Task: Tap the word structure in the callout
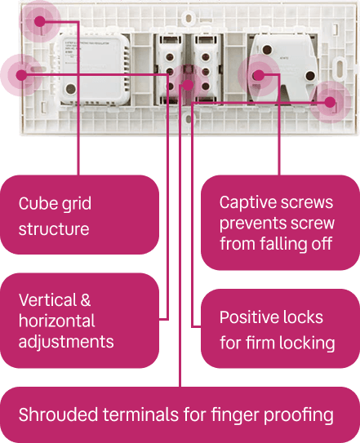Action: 54,229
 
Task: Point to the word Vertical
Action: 48,299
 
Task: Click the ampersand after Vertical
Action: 86,299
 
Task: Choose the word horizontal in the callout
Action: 57,321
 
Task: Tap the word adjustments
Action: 66,342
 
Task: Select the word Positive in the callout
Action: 250,317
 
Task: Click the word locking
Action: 307,343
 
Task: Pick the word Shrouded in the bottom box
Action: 58,414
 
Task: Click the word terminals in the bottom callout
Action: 140,414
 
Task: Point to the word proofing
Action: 299,415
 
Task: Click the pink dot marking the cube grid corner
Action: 40,21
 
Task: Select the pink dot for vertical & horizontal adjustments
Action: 21,75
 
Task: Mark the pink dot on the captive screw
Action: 258,75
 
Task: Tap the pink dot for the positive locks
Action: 330,102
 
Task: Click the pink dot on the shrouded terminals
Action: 188,85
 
